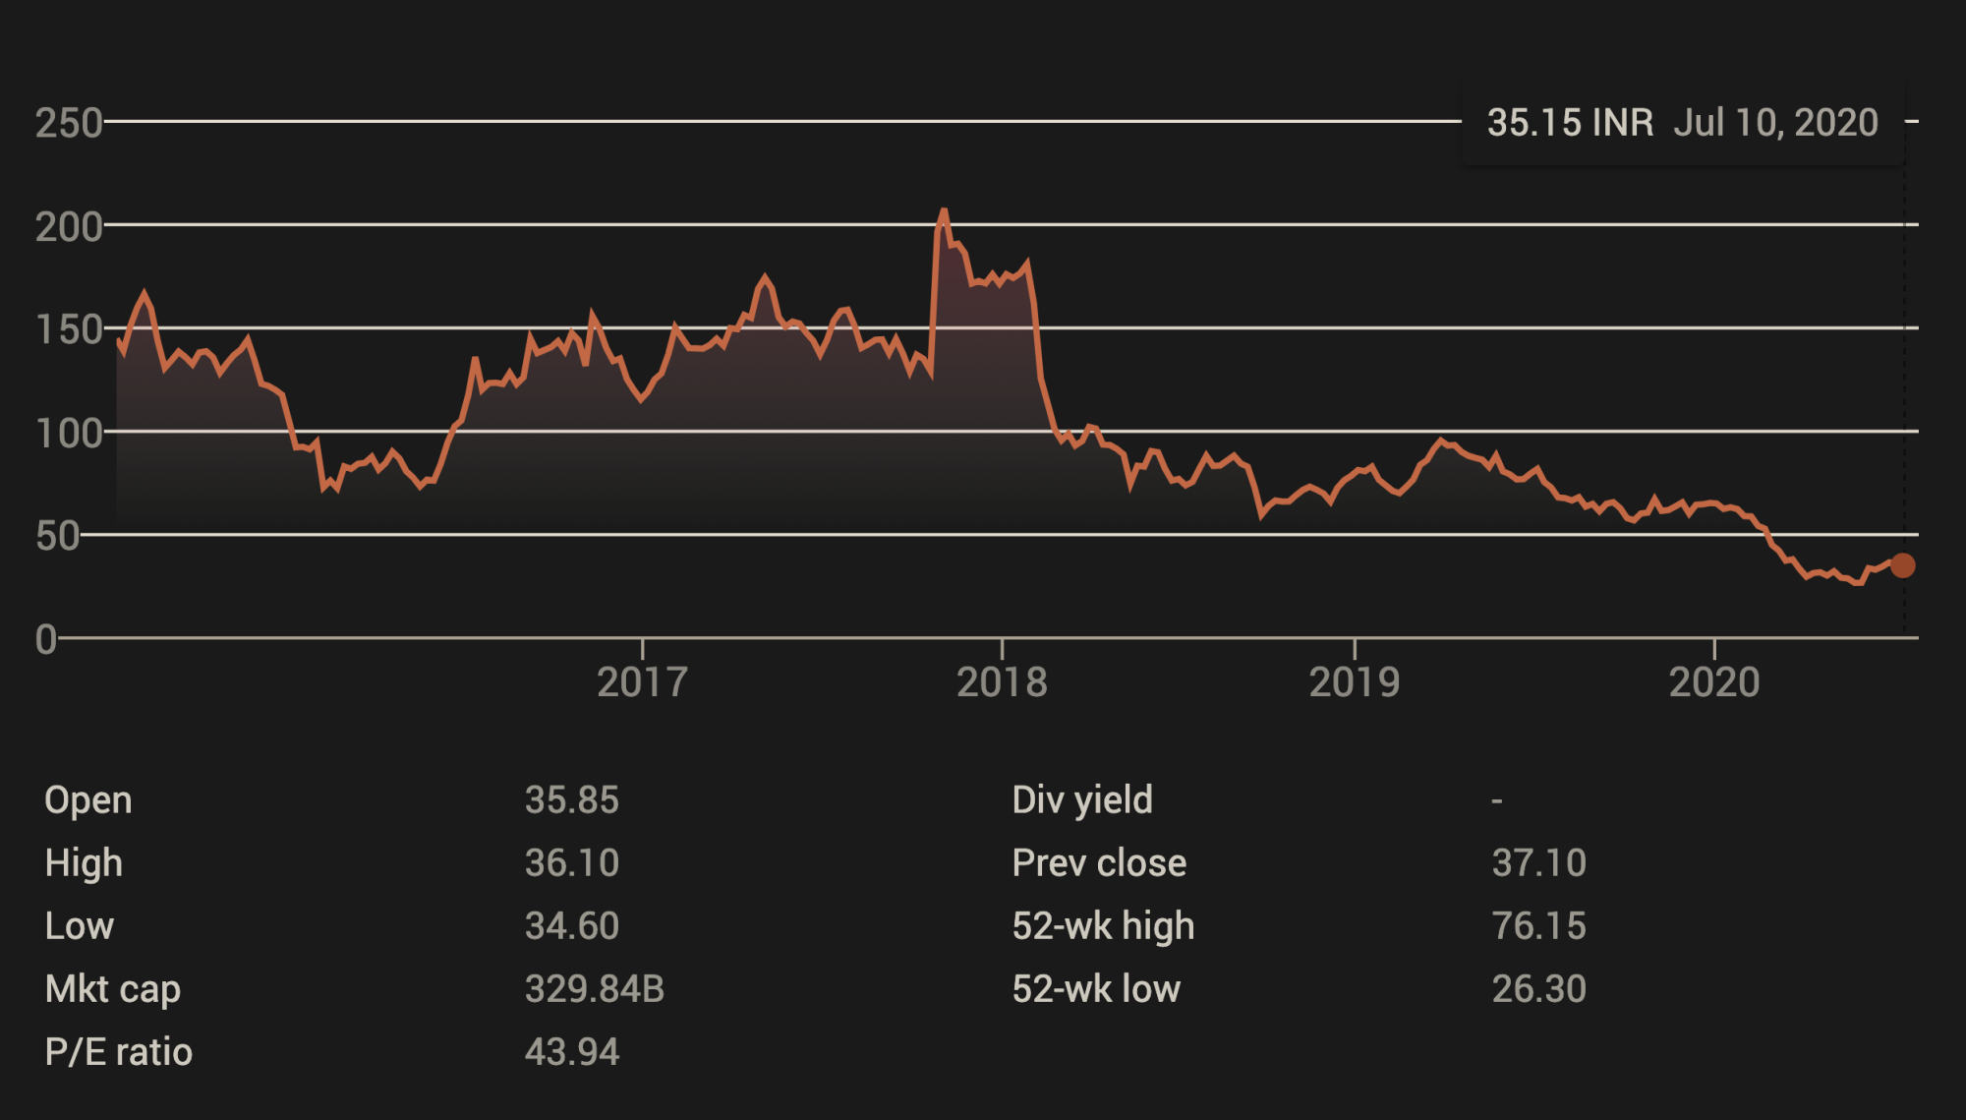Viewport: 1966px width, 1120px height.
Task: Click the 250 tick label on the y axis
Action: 69,123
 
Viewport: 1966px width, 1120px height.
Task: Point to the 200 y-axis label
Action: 69,227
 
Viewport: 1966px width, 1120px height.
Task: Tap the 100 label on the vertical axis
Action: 69,433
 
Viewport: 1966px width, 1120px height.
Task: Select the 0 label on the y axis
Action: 45,639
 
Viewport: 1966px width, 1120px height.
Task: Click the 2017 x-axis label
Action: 642,682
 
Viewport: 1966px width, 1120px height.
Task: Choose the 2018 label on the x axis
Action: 1002,682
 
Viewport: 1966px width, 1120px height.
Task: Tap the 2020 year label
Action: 1714,682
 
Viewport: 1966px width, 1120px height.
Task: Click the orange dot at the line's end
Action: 1903,565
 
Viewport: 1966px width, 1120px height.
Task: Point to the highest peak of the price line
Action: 944,210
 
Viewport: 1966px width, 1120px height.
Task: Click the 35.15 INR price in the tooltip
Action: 1570,123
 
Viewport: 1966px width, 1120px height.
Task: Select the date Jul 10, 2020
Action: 1775,123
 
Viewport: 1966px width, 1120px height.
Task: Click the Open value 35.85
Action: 571,800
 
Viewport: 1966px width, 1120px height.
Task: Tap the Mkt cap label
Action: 112,989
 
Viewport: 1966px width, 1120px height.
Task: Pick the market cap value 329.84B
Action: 594,989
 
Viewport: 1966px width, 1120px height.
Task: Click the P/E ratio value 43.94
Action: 571,1052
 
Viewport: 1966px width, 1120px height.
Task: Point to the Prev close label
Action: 1099,863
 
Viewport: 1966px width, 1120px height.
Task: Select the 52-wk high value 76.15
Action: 1538,926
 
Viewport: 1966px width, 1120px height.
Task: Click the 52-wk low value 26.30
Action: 1538,989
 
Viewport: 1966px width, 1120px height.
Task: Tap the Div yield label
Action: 1081,800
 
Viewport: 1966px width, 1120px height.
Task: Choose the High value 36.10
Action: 571,863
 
